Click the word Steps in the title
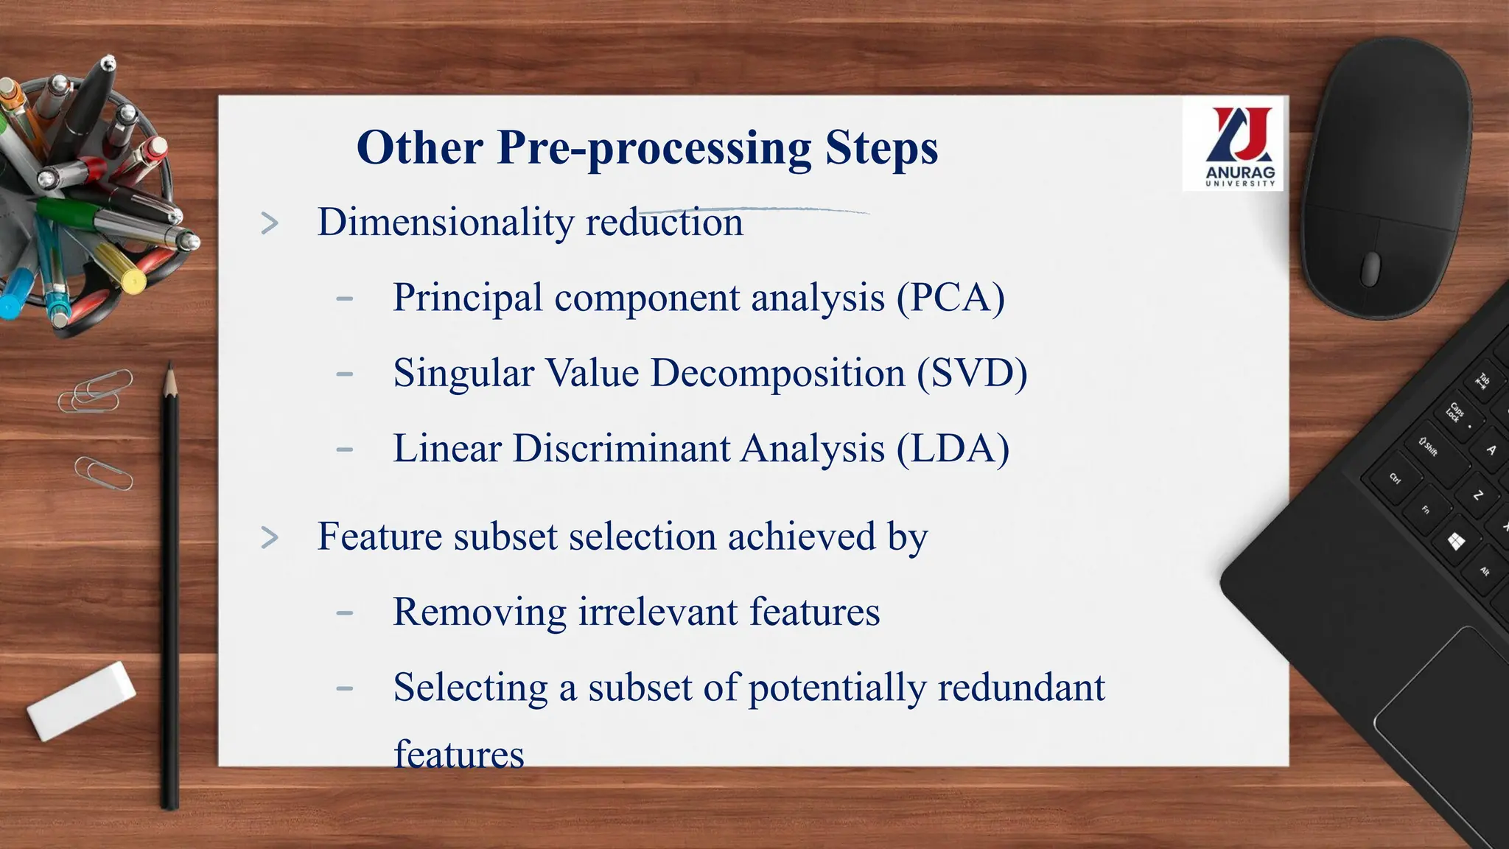[881, 148]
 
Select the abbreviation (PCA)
[950, 298]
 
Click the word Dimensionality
[445, 223]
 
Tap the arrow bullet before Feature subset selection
[270, 538]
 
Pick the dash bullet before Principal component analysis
[344, 299]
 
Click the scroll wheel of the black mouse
[1370, 268]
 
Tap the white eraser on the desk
[81, 701]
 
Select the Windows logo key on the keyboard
[1455, 542]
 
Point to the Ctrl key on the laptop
[1395, 478]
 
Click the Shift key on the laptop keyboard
[1429, 447]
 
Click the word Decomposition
[777, 374]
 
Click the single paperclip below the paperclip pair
[103, 473]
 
